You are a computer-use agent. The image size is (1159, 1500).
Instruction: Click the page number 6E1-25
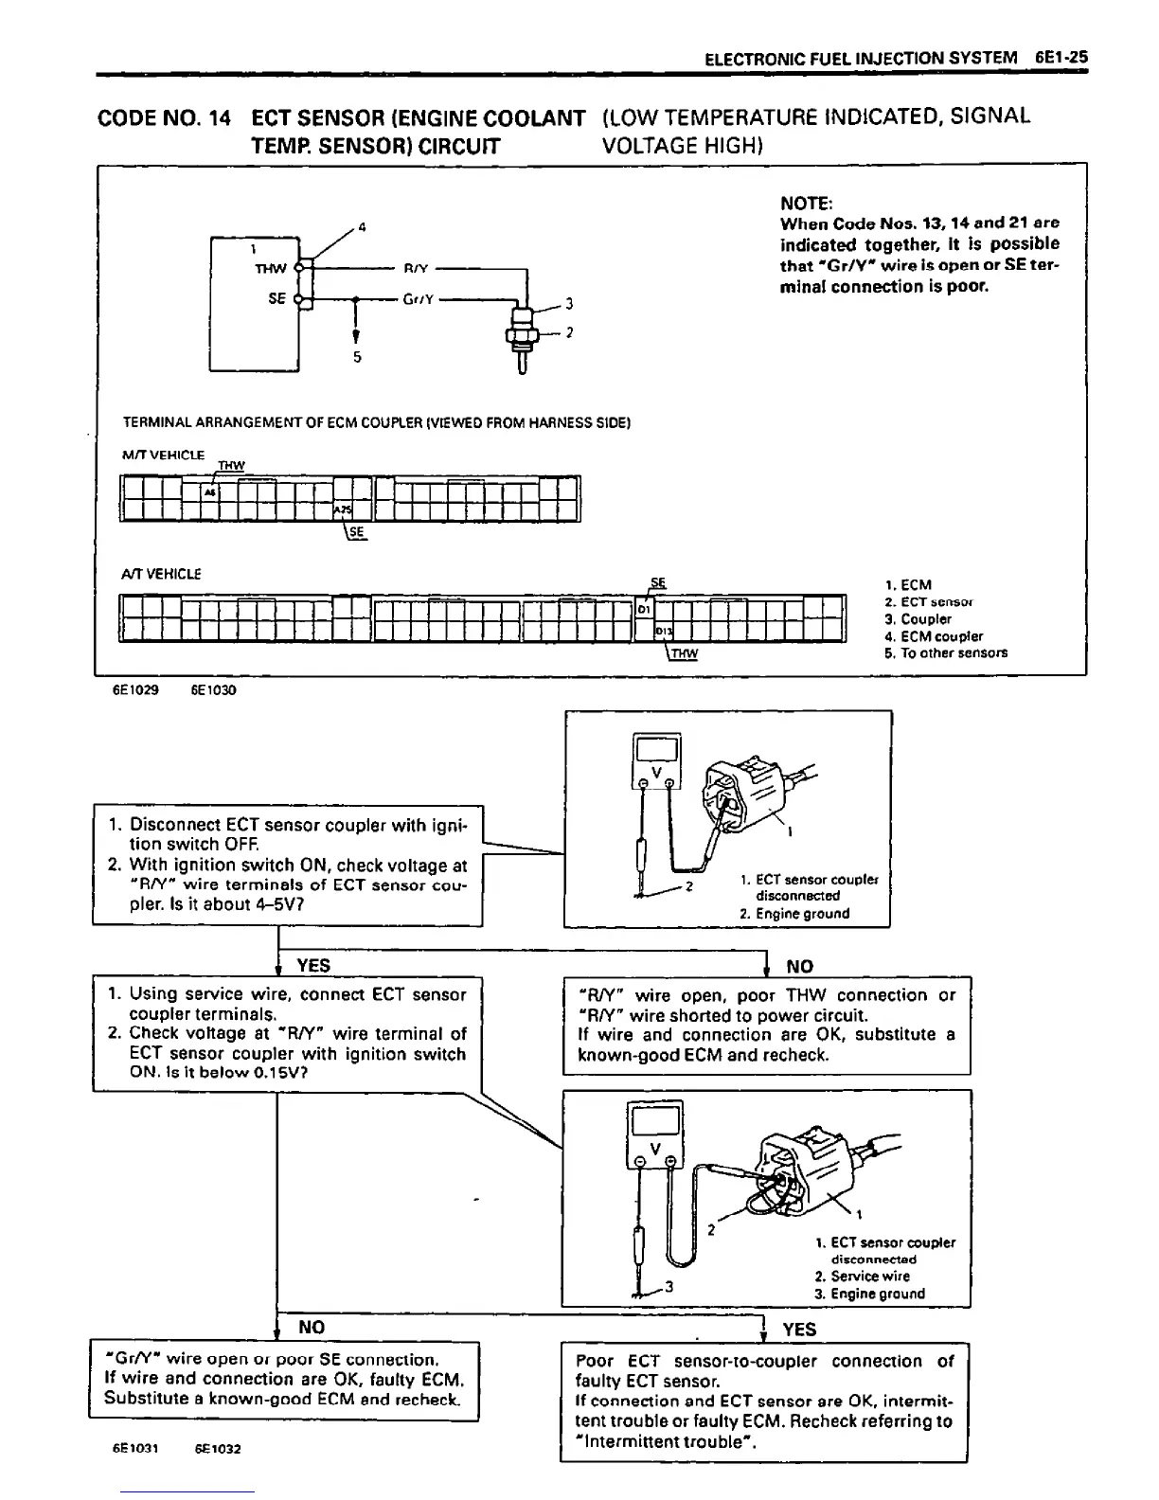point(1061,57)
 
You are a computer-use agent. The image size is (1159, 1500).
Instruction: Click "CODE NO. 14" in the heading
point(165,118)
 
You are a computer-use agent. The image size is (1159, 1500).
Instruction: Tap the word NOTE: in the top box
point(805,204)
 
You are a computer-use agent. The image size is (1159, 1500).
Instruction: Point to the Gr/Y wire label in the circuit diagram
point(418,299)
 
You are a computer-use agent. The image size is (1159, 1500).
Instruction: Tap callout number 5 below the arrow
point(357,358)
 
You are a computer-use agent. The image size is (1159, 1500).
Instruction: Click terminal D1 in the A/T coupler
point(643,608)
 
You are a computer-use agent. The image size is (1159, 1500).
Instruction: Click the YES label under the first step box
point(313,965)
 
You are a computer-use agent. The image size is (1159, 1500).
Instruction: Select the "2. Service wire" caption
point(870,1276)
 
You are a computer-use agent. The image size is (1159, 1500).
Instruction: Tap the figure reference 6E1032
point(218,1449)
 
